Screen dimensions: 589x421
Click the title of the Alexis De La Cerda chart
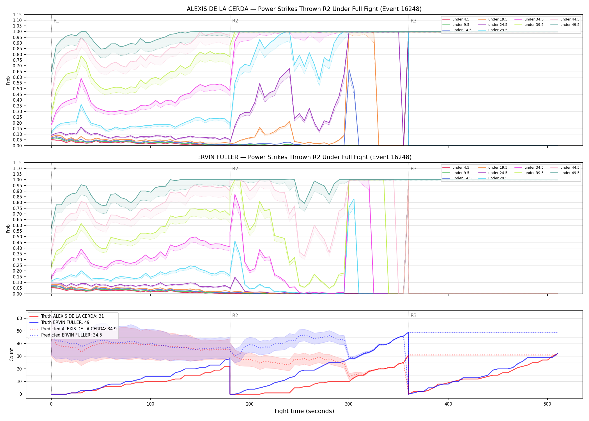pyautogui.click(x=304, y=9)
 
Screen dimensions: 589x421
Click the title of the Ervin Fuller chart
pyautogui.click(x=304, y=157)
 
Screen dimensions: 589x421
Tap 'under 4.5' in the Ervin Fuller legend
pyautogui.click(x=461, y=168)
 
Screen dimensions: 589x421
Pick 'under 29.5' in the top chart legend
pyautogui.click(x=498, y=30)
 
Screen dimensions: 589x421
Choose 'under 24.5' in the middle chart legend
pyautogui.click(x=498, y=173)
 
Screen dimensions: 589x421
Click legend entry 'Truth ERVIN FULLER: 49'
pyautogui.click(x=65, y=322)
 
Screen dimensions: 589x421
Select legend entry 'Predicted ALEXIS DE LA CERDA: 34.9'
pyautogui.click(x=79, y=329)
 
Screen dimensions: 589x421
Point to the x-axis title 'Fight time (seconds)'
pyautogui.click(x=304, y=411)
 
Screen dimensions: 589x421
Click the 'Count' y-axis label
pyautogui.click(x=12, y=354)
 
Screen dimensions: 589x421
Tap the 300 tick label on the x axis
pyautogui.click(x=349, y=404)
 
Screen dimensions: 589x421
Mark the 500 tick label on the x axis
pyautogui.click(x=547, y=404)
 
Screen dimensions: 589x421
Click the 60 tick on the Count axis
pyautogui.click(x=19, y=318)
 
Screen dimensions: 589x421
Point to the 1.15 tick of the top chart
pyautogui.click(x=17, y=15)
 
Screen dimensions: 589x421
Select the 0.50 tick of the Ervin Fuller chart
pyautogui.click(x=17, y=237)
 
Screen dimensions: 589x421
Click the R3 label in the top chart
pyautogui.click(x=413, y=21)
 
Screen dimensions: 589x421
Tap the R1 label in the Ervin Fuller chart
pyautogui.click(x=56, y=169)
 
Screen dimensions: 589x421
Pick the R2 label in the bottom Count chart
pyautogui.click(x=235, y=315)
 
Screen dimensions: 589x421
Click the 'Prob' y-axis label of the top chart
pyautogui.click(x=8, y=80)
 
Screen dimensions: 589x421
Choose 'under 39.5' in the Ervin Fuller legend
pyautogui.click(x=534, y=173)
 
